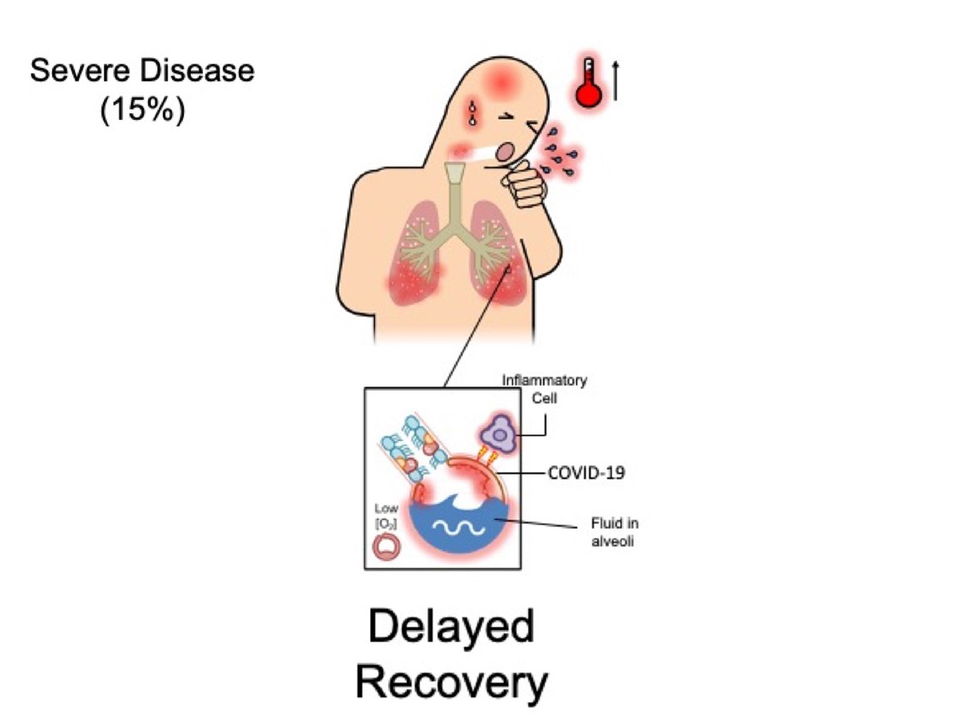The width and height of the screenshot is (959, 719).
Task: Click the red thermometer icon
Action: [x=589, y=83]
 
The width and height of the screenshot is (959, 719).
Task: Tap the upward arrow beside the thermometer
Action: [x=615, y=81]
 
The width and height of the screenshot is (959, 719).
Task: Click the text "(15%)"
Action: [x=142, y=109]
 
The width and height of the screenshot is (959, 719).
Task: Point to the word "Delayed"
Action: [x=451, y=628]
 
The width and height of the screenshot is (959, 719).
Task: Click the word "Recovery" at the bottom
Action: [x=452, y=682]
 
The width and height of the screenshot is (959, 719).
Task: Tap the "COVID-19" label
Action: [x=586, y=473]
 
